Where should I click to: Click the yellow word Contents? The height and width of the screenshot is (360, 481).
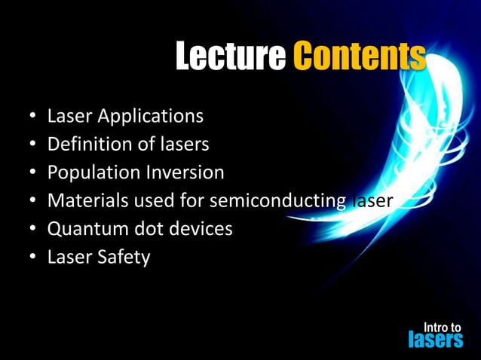pyautogui.click(x=358, y=56)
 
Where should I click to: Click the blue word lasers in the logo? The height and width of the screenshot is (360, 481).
pyautogui.click(x=435, y=340)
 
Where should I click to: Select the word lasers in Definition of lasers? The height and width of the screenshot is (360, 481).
pyautogui.click(x=182, y=144)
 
